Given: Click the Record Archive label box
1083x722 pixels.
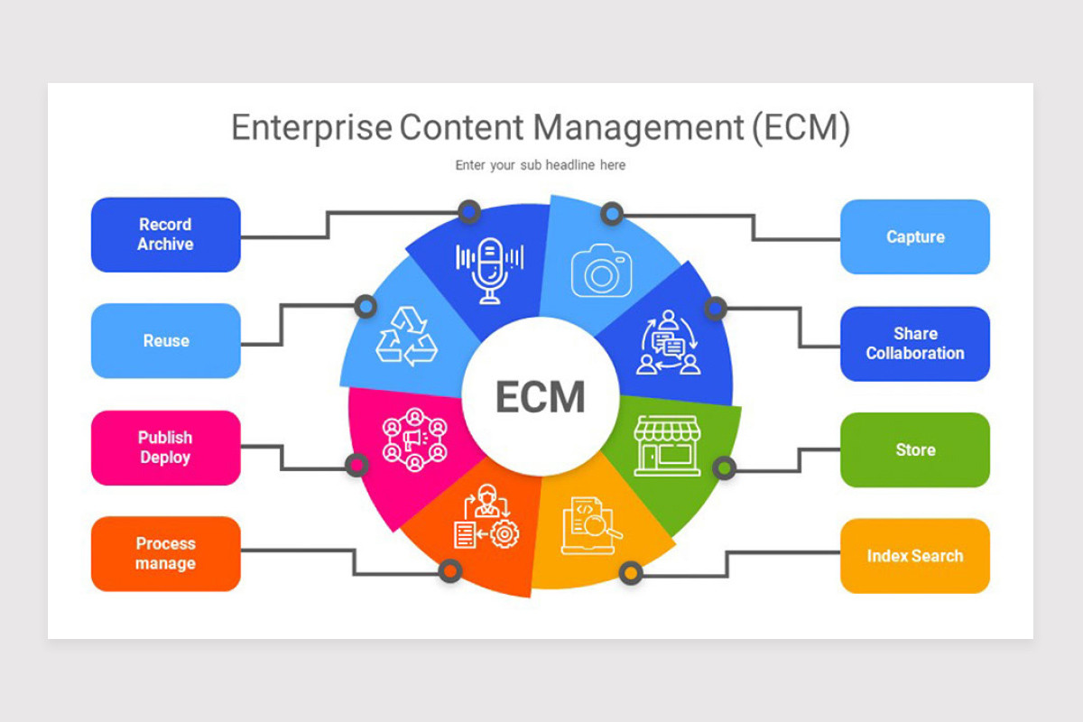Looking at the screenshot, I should pyautogui.click(x=165, y=235).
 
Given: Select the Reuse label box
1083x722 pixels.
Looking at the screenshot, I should pyautogui.click(x=165, y=341).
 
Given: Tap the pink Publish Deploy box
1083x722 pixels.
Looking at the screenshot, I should pyautogui.click(x=165, y=448).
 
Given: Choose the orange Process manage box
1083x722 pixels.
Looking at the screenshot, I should pyautogui.click(x=165, y=554).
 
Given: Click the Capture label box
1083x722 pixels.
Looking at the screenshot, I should pyautogui.click(x=915, y=237).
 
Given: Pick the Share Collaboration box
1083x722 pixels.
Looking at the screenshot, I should pyautogui.click(x=915, y=344).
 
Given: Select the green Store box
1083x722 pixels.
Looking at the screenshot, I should pyautogui.click(x=915, y=450).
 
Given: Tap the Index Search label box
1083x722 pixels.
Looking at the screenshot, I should pyautogui.click(x=915, y=556).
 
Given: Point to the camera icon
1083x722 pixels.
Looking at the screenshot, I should pyautogui.click(x=601, y=271).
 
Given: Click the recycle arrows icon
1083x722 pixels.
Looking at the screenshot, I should pyautogui.click(x=406, y=336).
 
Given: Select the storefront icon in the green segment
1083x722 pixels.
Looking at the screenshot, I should pyautogui.click(x=667, y=445).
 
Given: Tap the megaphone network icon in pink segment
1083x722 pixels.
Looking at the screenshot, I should pyautogui.click(x=414, y=440).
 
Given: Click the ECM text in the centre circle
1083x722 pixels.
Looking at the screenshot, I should pyautogui.click(x=541, y=397).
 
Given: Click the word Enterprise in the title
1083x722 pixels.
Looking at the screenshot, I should pyautogui.click(x=311, y=128).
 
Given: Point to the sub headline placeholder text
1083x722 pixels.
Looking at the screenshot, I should pyautogui.click(x=541, y=165).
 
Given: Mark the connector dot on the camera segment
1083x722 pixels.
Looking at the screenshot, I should pyautogui.click(x=612, y=214).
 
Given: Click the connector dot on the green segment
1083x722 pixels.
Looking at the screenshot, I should pyautogui.click(x=724, y=467).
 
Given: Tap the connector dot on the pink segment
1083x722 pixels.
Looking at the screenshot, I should pyautogui.click(x=357, y=465).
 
